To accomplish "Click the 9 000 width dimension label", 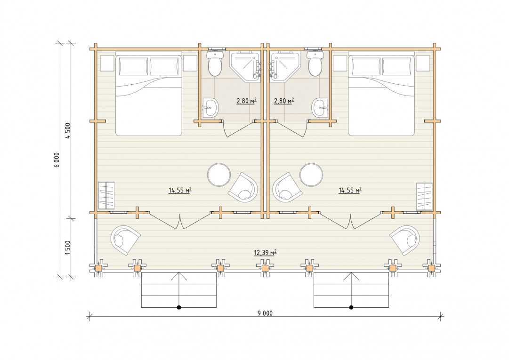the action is point(265,313).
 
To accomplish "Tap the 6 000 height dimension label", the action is point(57,160).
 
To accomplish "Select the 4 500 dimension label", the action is point(68,131).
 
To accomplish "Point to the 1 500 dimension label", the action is point(68,247).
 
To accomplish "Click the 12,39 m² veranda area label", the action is point(265,252).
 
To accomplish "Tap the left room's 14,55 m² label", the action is point(180,190).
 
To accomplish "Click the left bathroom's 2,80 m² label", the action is point(246,101).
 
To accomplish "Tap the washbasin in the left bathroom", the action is point(210,107).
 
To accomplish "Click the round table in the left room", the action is point(219,175).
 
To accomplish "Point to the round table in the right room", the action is point(311,175).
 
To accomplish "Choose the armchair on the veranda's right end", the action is point(405,240).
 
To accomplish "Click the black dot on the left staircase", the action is point(179,307).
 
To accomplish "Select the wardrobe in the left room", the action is point(106,196).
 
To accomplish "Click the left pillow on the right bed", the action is point(366,66).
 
